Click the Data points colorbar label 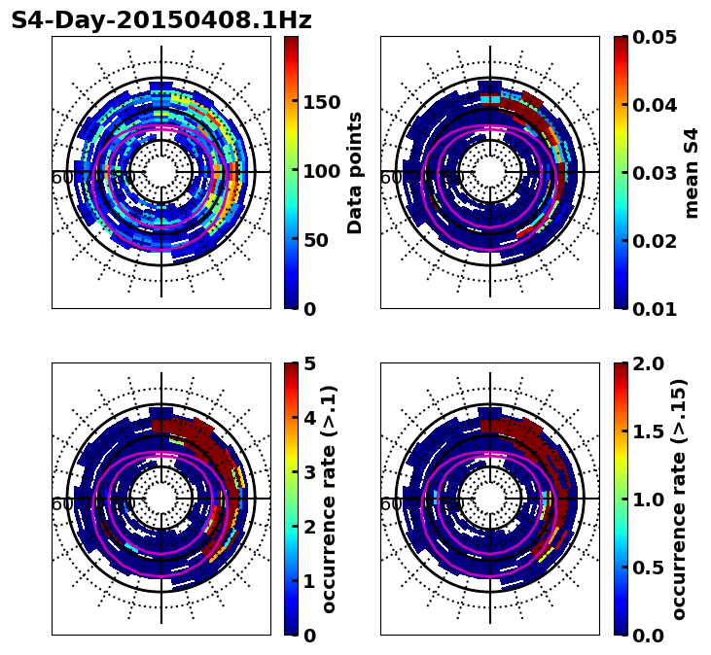(355, 172)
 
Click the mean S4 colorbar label (692, 172)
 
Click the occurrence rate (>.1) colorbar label (329, 499)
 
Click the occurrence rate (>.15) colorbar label (679, 499)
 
